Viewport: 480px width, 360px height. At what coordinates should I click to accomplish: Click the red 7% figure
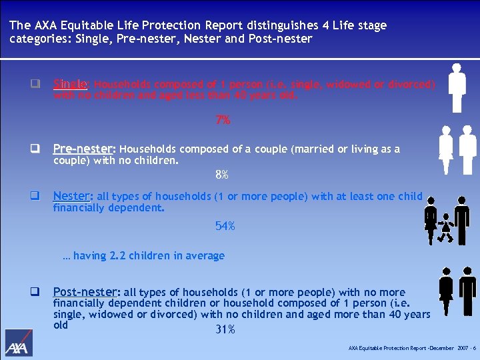pos(223,121)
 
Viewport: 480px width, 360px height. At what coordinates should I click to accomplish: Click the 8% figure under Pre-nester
pos(222,175)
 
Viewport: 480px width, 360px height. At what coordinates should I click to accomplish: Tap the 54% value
pos(225,227)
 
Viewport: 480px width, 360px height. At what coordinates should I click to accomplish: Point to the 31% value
pos(225,329)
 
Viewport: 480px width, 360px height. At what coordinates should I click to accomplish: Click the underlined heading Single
pos(71,84)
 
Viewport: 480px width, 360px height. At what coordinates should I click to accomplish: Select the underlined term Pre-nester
pos(84,149)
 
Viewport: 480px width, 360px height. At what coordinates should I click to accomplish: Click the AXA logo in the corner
pos(19,343)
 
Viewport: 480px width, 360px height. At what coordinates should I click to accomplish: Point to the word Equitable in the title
pos(83,25)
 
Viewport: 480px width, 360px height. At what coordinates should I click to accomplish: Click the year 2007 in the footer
pos(461,349)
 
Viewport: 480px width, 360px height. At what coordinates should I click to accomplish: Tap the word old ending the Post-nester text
pos(61,325)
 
